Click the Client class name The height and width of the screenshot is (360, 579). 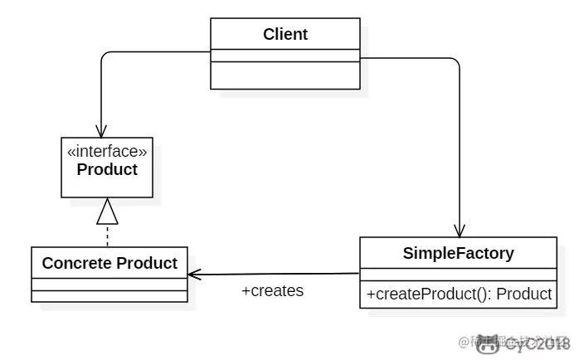pos(285,34)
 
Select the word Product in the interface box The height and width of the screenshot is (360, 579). pos(107,170)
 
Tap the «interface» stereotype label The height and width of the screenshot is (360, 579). pos(107,152)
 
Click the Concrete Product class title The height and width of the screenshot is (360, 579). pos(109,263)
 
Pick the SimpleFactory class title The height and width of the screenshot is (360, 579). pos(458,253)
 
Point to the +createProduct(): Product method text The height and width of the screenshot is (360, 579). pos(458,294)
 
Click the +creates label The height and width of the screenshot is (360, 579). pos(272,291)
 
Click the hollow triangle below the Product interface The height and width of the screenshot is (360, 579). pos(108,213)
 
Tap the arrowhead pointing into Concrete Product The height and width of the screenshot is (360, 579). pos(194,275)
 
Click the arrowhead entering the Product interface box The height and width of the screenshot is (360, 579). pos(100,131)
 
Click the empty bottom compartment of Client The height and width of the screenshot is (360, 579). pos(285,75)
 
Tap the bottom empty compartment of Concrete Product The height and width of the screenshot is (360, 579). pos(109,296)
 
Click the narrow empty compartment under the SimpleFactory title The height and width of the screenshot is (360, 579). pos(458,275)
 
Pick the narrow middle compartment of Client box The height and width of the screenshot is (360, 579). pos(285,56)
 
